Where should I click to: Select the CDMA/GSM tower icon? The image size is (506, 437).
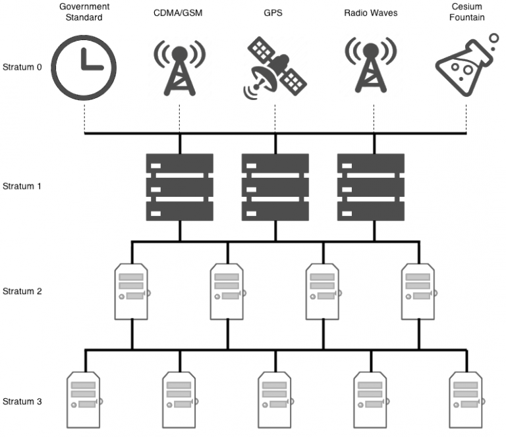point(179,66)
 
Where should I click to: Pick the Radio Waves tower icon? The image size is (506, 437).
point(371,66)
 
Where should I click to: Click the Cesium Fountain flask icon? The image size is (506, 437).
point(464,66)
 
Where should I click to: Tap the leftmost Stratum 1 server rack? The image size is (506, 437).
point(180,187)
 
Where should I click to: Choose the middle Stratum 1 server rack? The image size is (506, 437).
point(275,187)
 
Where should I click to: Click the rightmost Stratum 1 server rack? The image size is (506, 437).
point(370,187)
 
